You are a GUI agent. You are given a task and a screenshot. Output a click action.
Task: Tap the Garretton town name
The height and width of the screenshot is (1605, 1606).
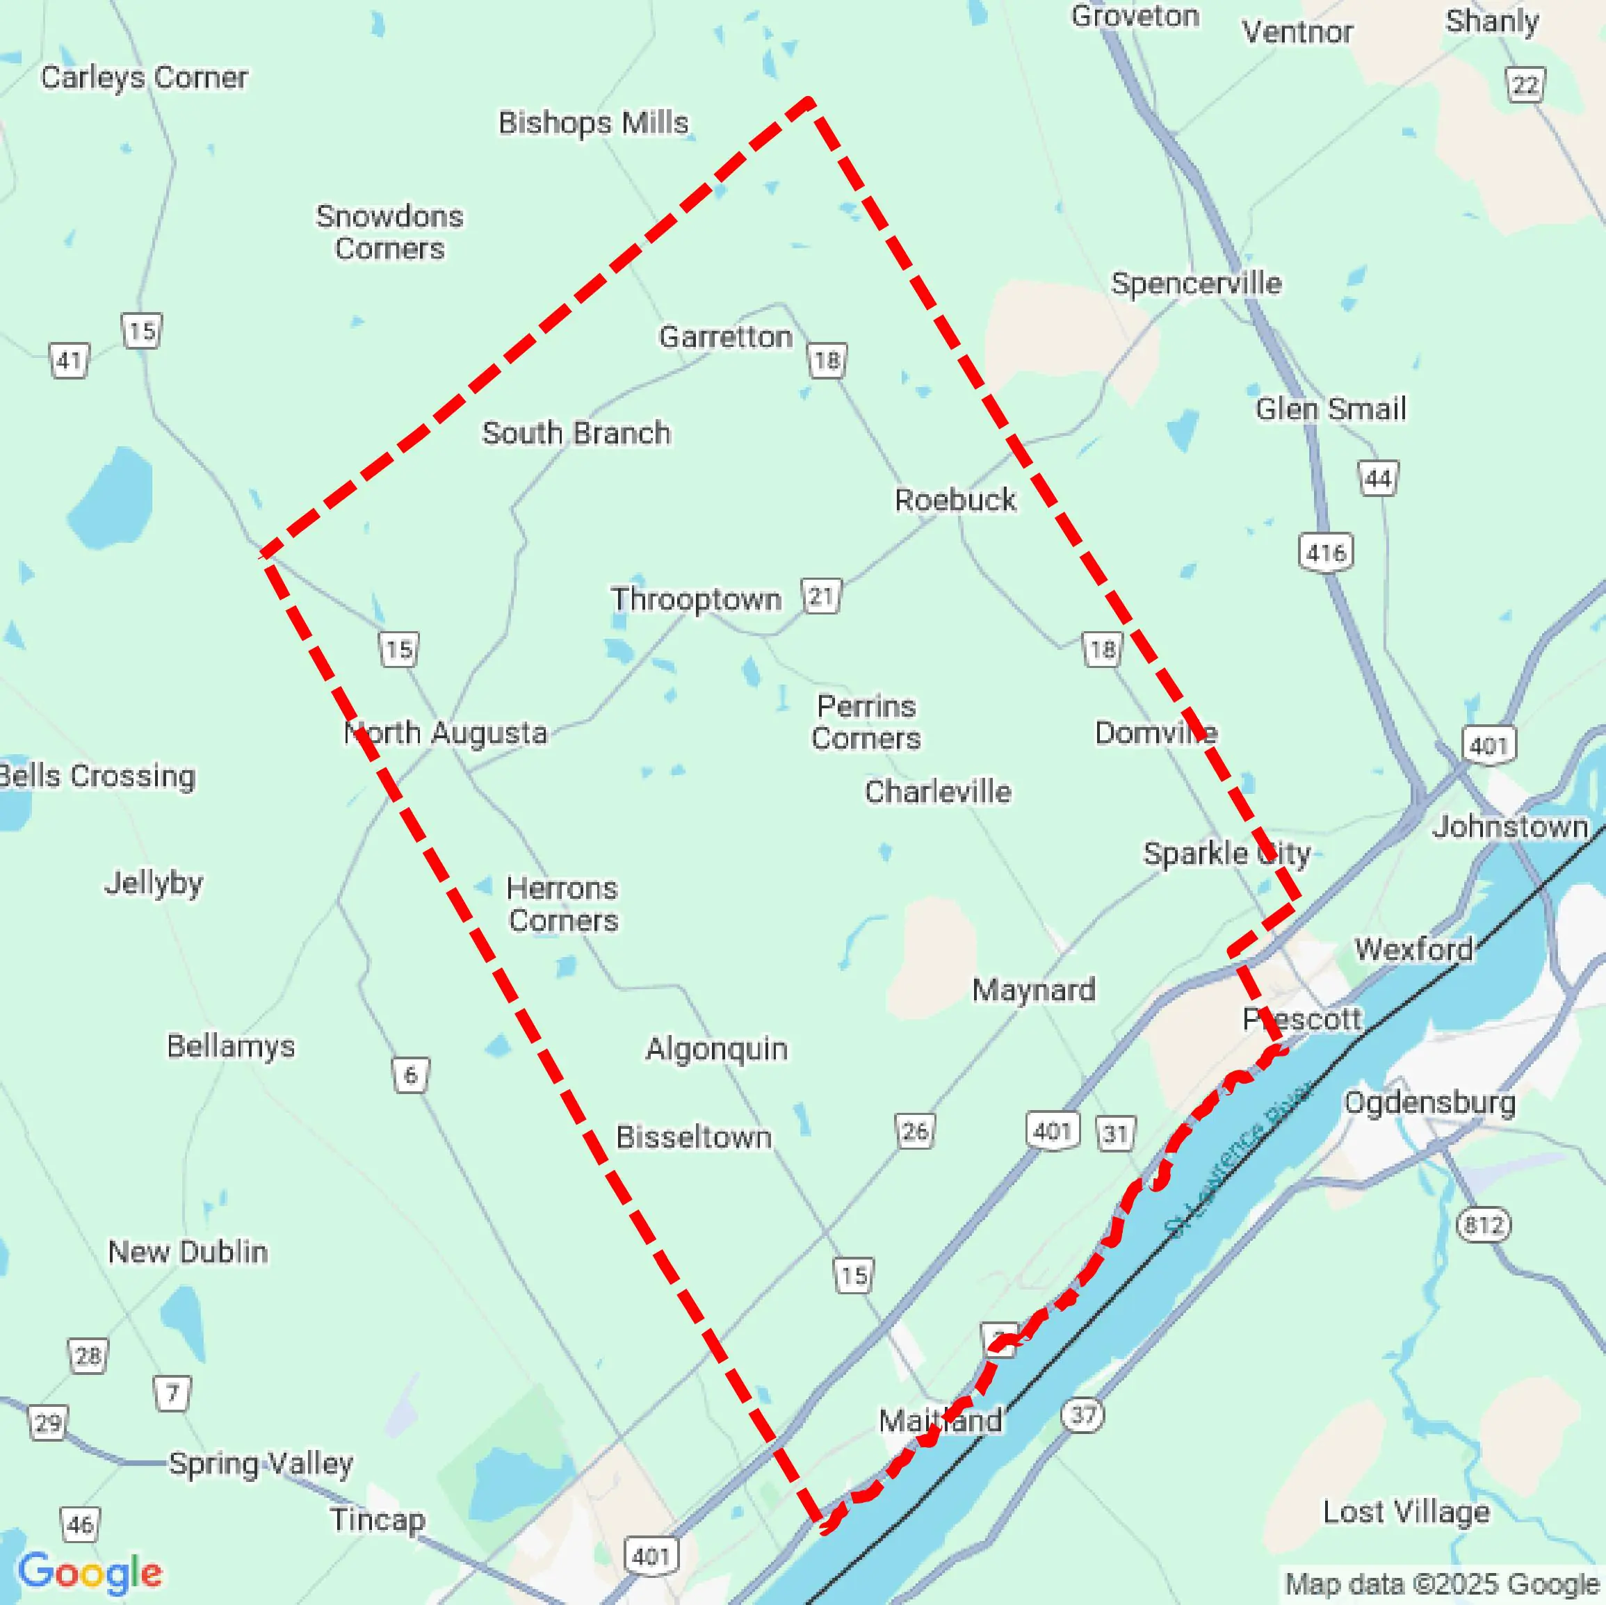point(726,336)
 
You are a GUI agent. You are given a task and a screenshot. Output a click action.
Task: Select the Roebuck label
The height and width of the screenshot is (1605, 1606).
point(955,500)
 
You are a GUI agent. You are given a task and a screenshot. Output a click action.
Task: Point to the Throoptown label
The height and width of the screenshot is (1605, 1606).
point(696,599)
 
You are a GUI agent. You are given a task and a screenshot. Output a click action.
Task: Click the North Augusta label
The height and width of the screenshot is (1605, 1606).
point(446,732)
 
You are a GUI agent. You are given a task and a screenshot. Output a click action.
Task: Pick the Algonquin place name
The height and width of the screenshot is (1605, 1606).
point(717,1048)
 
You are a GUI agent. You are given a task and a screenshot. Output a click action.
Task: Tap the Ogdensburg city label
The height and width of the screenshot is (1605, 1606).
point(1430,1102)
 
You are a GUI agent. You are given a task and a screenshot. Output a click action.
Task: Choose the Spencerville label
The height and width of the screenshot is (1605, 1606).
point(1197,284)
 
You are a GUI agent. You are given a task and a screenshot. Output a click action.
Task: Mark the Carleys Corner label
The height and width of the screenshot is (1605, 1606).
point(144,77)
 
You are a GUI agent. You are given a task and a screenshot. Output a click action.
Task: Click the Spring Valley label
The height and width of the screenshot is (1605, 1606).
point(261,1463)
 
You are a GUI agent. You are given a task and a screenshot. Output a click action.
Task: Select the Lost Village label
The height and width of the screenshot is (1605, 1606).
point(1406,1511)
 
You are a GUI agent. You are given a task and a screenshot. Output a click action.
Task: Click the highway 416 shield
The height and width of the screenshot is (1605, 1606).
point(1326,552)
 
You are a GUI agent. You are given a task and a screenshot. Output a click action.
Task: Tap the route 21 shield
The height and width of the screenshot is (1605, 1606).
point(821,596)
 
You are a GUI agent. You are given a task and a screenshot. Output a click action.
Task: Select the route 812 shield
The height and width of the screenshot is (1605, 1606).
point(1484,1224)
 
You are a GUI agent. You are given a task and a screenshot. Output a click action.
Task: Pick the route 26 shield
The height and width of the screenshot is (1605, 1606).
point(915,1130)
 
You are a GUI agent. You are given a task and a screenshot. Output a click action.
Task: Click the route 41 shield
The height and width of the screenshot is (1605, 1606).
point(68,360)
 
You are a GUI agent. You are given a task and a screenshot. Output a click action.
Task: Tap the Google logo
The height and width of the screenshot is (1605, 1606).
point(90,1572)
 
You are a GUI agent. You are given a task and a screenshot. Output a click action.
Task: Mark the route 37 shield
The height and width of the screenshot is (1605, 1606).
point(1082,1414)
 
